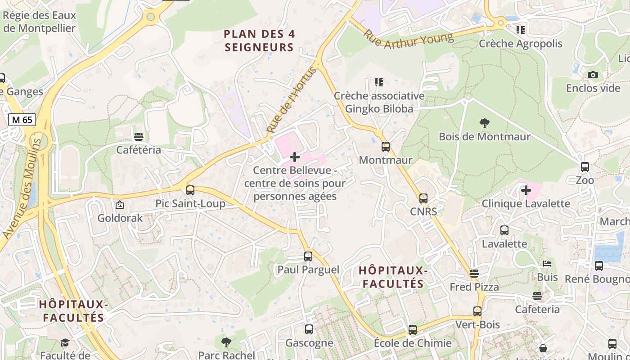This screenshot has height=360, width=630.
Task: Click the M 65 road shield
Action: coord(22,120)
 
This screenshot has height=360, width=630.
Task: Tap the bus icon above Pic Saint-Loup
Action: coord(190,190)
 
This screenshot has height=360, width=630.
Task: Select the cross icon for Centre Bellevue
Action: coord(295,157)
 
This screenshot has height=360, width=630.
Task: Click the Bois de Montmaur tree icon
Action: coord(484,123)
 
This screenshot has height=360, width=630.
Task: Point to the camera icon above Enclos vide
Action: coord(593,75)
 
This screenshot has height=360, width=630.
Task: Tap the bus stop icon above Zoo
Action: coord(585,167)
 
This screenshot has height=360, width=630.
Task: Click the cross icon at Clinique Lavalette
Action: coord(526,190)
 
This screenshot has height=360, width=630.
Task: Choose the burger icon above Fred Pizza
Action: coord(474,274)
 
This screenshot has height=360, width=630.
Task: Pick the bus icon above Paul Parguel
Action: coord(308,256)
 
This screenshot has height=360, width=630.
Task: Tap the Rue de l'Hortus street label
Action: coord(292,99)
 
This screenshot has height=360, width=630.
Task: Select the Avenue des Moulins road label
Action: coord(22,188)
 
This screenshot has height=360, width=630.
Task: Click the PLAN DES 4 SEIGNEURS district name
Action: coord(259,40)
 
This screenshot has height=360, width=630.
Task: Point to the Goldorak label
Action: coord(120,218)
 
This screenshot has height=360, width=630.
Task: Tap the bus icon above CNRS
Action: coord(423,198)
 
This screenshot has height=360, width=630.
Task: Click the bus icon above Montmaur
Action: coord(386,147)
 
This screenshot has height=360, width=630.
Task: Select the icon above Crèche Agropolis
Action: coord(521,30)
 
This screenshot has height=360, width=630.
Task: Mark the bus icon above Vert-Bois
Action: coord(477,311)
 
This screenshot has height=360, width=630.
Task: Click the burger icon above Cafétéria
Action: coord(139,136)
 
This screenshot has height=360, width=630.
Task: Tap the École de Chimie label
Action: coord(413,343)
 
